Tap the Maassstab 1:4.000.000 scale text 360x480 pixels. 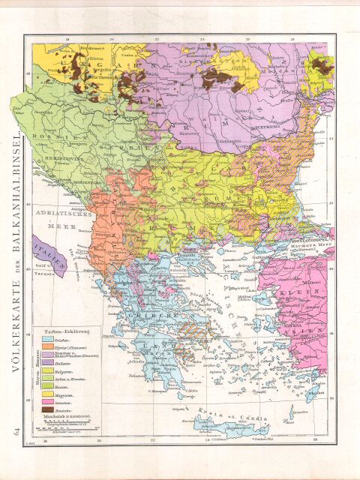click(x=67, y=421)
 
